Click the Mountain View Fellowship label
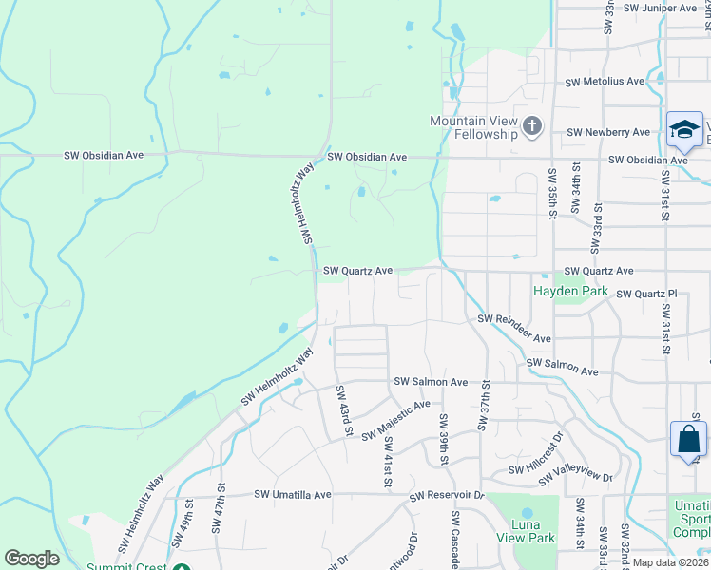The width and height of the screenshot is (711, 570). pos(472,127)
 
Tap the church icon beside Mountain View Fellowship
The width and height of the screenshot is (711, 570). pos(532,124)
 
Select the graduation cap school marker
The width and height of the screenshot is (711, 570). pos(684,131)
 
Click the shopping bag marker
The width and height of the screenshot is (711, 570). pos(687,440)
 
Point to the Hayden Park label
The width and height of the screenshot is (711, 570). pos(569,290)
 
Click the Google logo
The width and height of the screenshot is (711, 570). pos(31,559)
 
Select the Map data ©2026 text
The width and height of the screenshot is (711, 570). pos(671,562)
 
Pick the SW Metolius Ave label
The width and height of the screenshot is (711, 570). pos(604,82)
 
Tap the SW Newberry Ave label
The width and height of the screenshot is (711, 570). pos(608,132)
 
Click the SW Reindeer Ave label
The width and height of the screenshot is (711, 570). pos(514,329)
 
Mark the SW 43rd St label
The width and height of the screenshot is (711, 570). pos(343,411)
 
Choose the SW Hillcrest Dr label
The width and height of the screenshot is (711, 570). pos(536,454)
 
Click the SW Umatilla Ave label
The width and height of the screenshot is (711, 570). pos(293,495)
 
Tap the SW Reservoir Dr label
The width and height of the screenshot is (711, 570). pos(447,496)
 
